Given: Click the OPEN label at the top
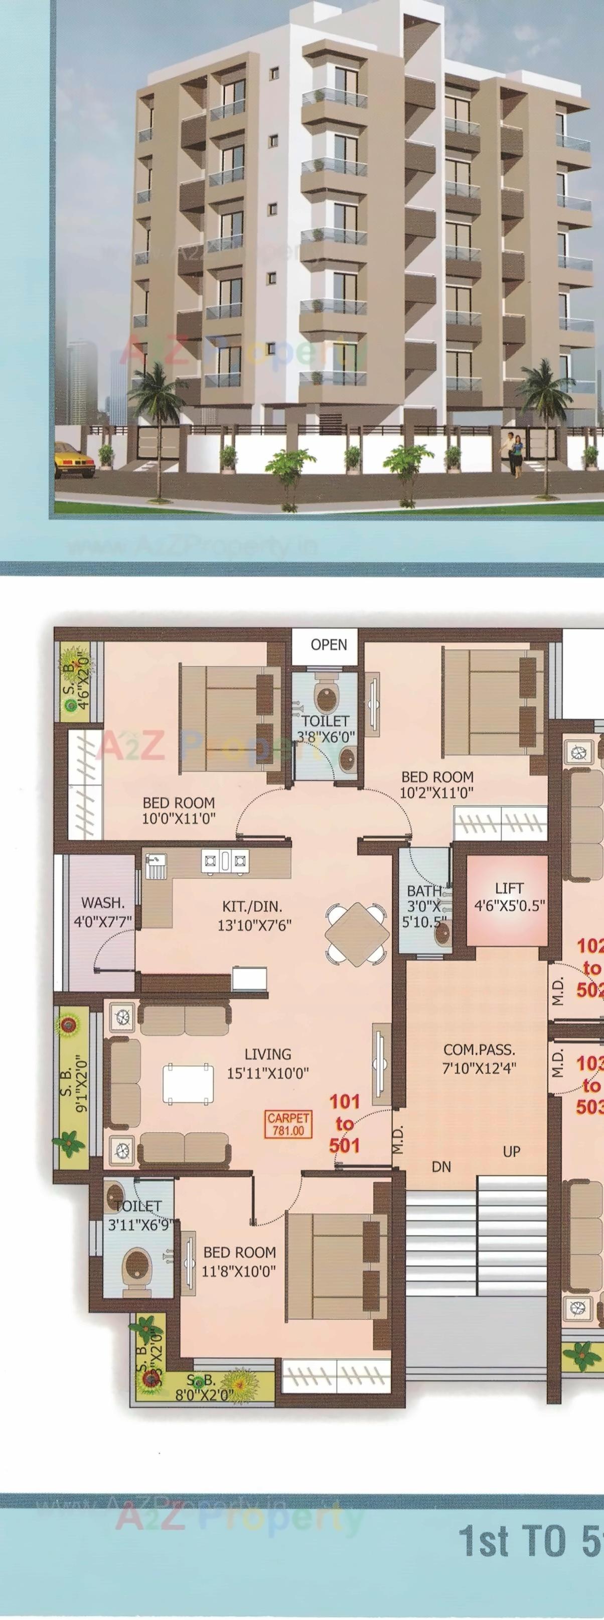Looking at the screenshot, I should tap(329, 645).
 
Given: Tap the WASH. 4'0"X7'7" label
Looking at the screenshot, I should tap(103, 911).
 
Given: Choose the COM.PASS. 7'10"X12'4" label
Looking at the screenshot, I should tap(479, 1059).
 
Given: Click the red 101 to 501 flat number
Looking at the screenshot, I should tap(345, 1123).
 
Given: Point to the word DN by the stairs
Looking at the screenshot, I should tap(441, 1167).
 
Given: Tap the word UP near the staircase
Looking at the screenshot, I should tap(512, 1151).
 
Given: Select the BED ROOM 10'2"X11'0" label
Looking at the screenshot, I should tap(437, 784).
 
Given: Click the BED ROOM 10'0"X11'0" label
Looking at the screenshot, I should tap(179, 810).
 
